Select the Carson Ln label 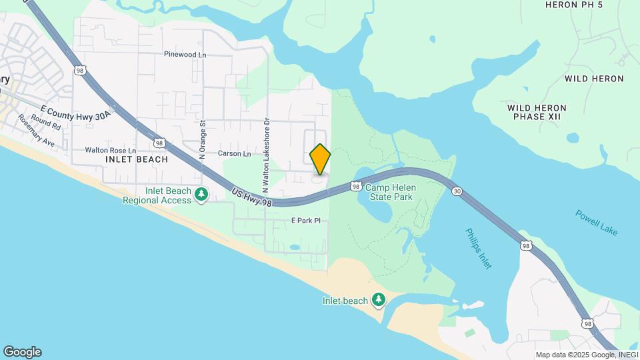coord(234,153)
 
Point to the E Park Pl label coord(306,220)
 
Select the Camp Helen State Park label coord(389,193)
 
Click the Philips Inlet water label coord(478,249)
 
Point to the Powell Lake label coord(597,222)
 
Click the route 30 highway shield coord(456,191)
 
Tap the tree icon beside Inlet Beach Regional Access coord(201,195)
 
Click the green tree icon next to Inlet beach coord(379,300)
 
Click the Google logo coord(22,352)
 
